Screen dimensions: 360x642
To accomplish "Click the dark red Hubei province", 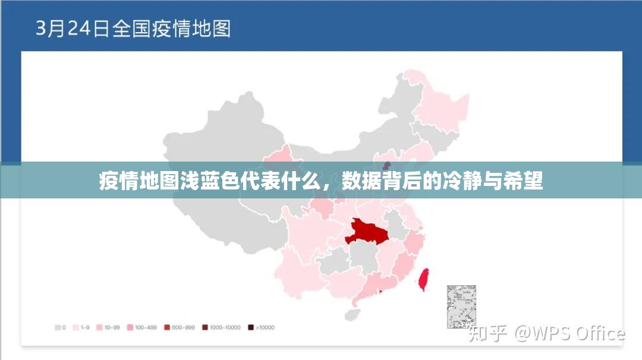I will pyautogui.click(x=366, y=232).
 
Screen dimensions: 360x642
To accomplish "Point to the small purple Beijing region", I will pyautogui.click(x=386, y=165).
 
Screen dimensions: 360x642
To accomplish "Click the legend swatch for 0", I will pyautogui.click(x=59, y=327).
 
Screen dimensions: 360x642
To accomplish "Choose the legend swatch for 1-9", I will pyautogui.click(x=76, y=327).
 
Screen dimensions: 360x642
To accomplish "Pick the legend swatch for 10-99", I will pyautogui.click(x=99, y=327).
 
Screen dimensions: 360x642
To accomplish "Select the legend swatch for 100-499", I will pyautogui.click(x=130, y=327).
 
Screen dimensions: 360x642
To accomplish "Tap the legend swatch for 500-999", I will pyautogui.click(x=167, y=327).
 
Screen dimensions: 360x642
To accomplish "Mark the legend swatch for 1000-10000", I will pyautogui.click(x=205, y=327).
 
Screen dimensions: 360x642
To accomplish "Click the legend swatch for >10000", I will pyautogui.click(x=251, y=327).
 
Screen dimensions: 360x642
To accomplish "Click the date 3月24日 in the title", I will pyautogui.click(x=72, y=28).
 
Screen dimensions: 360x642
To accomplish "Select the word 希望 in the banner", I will pyautogui.click(x=526, y=181).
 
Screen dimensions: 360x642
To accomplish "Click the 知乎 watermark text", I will pyautogui.click(x=487, y=333).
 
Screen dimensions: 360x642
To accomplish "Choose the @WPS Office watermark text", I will pyautogui.click(x=569, y=333).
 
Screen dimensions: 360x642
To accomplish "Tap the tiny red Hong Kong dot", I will pyautogui.click(x=380, y=292).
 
